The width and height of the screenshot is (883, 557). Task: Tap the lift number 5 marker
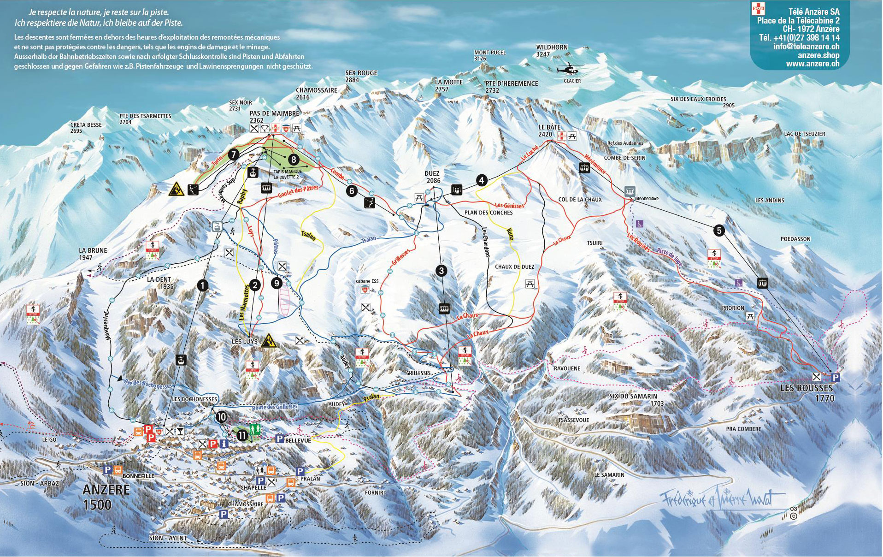tap(718, 230)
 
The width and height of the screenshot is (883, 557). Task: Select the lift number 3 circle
tap(441, 271)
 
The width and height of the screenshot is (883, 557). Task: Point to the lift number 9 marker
tap(277, 283)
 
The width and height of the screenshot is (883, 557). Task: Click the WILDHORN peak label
tap(552, 51)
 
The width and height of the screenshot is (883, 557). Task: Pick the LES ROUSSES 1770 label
tap(807, 393)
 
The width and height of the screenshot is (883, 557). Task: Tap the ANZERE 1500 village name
tap(106, 497)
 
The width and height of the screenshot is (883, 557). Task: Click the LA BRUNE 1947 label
tap(93, 254)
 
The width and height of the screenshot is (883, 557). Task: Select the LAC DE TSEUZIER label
tap(804, 134)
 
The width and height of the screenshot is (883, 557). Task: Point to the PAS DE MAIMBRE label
tap(274, 116)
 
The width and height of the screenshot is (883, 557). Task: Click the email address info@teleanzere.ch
tap(806, 47)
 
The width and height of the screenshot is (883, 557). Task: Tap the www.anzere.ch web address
tap(812, 64)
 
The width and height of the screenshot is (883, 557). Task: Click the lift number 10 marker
tap(222, 417)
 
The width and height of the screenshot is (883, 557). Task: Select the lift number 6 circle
tap(352, 191)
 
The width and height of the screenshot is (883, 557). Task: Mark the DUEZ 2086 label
tap(433, 178)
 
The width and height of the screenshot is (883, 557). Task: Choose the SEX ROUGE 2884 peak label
tap(361, 76)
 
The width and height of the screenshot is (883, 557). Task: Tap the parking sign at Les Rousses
tap(836, 377)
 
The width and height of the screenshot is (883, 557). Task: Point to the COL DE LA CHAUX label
tap(580, 200)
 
